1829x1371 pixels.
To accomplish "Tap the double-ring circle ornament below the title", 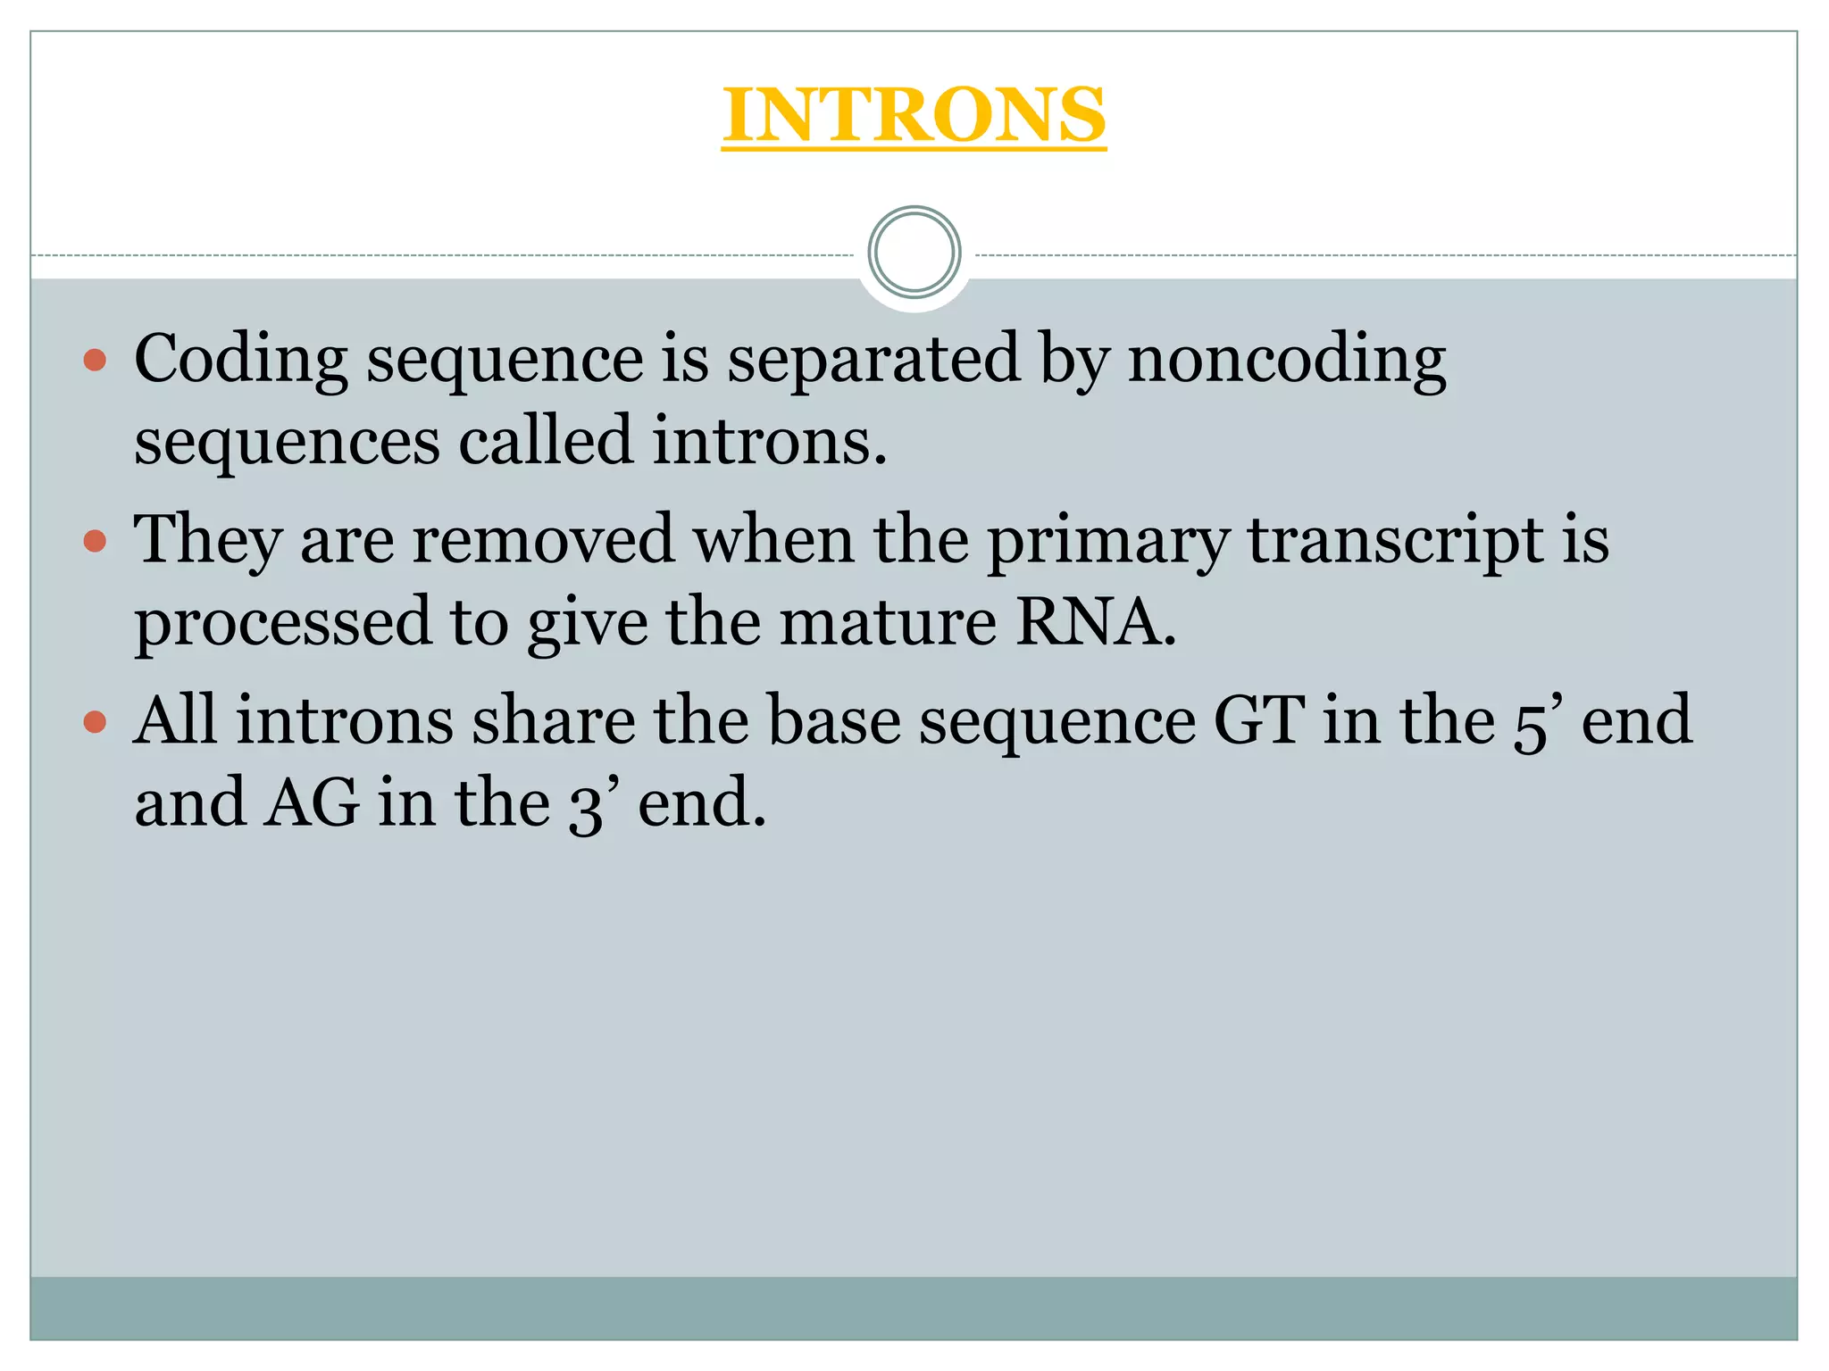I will [x=914, y=253].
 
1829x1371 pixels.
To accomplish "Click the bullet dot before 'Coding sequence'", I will [x=94, y=361].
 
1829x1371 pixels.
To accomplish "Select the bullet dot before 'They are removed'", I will [x=94, y=541].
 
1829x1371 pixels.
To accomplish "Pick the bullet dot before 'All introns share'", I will [x=94, y=721].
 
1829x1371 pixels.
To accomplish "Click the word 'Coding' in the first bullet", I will [x=240, y=360].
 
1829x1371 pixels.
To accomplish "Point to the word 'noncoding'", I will [x=1286, y=360].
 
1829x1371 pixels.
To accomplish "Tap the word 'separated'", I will [x=873, y=360].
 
